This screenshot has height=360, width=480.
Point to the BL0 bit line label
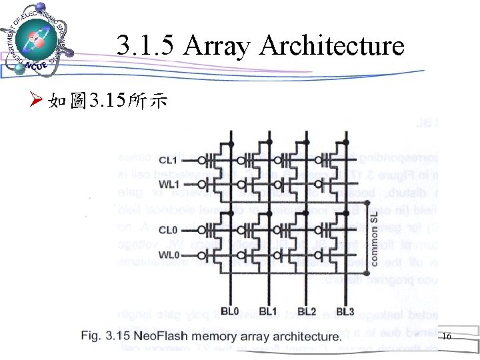(x=231, y=311)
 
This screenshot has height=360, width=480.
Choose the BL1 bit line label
(x=268, y=311)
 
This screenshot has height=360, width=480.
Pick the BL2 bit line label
(x=307, y=311)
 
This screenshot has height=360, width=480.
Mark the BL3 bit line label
(x=345, y=311)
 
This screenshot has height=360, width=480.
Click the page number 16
(x=446, y=337)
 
